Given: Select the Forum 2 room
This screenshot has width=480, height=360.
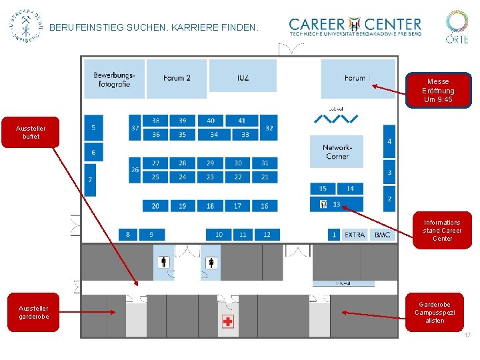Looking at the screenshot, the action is [177, 78].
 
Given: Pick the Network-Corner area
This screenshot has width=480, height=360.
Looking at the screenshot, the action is [337, 151].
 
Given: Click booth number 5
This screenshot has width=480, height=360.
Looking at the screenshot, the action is [93, 127].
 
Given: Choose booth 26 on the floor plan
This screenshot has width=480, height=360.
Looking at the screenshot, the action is [135, 170].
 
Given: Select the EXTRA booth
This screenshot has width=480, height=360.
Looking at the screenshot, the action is [355, 235].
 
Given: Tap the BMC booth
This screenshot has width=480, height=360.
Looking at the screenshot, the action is [383, 235].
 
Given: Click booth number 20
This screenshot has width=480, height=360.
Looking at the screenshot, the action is [155, 206].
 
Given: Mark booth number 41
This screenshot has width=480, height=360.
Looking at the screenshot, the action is [241, 121].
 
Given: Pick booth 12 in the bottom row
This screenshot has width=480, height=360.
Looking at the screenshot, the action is [267, 235].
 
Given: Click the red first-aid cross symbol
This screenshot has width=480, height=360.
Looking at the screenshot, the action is [228, 322].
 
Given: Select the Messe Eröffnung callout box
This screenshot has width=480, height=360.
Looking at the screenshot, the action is [438, 91].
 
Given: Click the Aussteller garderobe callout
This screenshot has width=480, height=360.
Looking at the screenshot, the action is [33, 312].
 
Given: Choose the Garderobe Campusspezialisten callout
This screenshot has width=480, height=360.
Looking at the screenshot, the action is [435, 312].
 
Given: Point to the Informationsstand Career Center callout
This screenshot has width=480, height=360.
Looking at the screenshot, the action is [442, 230].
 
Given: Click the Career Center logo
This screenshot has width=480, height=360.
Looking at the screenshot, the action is [355, 27].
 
